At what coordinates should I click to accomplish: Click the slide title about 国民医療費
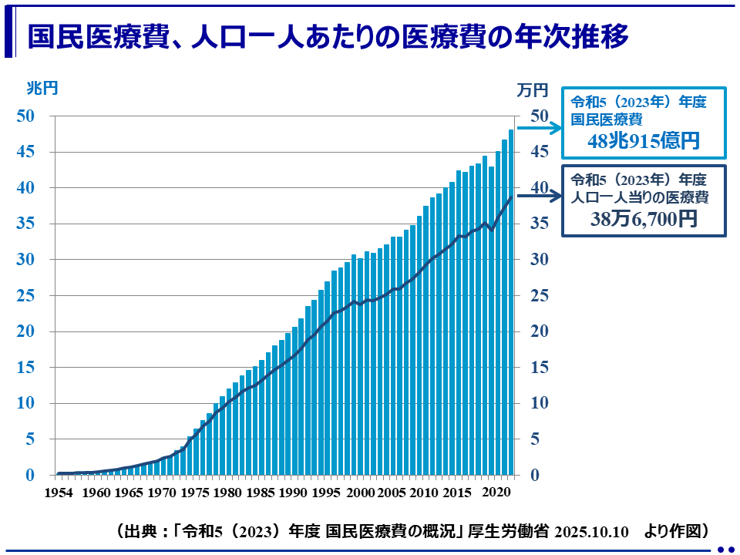pos(328,36)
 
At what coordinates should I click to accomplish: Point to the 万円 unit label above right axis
pos(532,90)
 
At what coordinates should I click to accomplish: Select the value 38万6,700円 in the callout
pos(643,219)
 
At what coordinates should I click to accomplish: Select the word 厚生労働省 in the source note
pos(516,531)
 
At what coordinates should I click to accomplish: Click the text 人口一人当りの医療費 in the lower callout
pos(638,197)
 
